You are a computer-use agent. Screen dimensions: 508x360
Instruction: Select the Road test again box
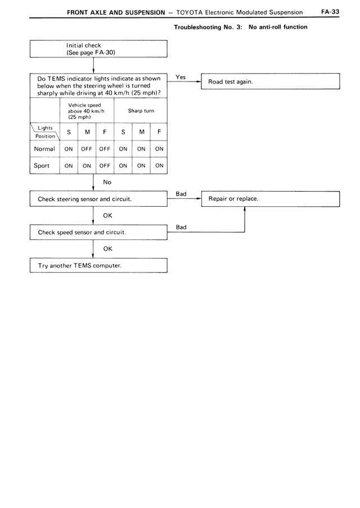[271, 81]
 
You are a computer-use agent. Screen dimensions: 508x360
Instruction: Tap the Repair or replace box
[271, 199]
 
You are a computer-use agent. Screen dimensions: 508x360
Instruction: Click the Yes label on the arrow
[181, 77]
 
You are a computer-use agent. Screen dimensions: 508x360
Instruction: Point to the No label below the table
[107, 182]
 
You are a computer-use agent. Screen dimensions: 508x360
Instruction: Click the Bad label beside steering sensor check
[181, 194]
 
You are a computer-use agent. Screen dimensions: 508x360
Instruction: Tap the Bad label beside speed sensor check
[181, 227]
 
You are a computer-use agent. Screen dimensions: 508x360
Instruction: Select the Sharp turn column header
[141, 111]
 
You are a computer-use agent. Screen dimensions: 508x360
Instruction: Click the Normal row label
[44, 149]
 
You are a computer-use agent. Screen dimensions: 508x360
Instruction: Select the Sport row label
[42, 166]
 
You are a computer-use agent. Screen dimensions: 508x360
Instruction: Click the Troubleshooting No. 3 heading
[241, 27]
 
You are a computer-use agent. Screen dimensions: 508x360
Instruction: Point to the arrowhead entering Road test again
[199, 81]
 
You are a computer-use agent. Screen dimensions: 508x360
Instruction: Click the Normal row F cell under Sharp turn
[159, 149]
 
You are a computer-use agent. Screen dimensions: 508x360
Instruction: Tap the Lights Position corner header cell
[44, 132]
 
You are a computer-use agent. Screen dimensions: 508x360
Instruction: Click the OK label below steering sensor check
[108, 215]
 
